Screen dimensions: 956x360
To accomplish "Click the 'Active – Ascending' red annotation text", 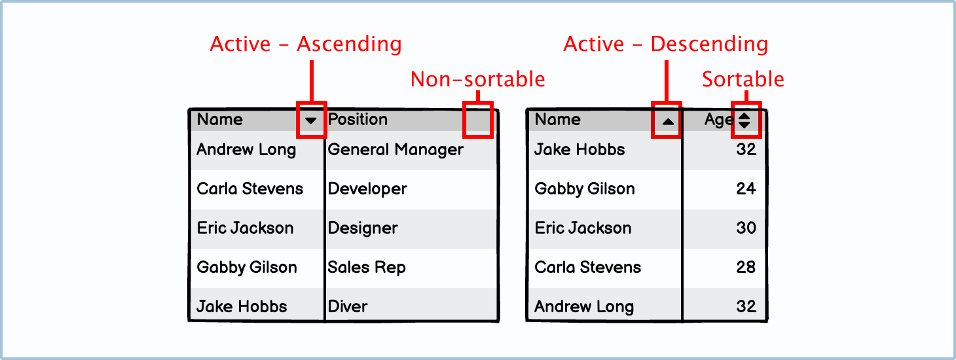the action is coord(306,45).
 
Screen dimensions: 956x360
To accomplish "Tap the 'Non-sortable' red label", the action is coord(477,79).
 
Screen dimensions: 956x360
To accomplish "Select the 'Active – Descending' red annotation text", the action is coord(666,45).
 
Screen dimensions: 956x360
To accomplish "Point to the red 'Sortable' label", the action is coord(743,79).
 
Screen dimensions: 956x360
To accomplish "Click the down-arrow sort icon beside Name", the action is coord(310,120).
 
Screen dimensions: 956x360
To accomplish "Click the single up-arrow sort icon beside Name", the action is coord(668,122).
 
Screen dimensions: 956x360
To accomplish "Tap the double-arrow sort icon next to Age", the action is coord(745,120).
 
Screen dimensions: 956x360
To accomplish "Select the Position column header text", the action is coord(358,119).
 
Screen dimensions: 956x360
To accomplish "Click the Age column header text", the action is coord(720,120).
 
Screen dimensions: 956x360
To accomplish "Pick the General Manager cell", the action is coord(395,150).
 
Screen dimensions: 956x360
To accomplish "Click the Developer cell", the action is coord(367,189).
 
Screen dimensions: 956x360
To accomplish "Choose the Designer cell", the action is coord(363,228).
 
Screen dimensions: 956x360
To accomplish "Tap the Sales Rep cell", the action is coord(367,268).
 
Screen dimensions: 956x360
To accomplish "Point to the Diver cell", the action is coord(348,307).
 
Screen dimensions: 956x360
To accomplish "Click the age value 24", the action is coord(746,189).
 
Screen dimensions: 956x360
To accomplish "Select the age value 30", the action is coord(746,228).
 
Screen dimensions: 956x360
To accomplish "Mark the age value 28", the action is coord(746,267).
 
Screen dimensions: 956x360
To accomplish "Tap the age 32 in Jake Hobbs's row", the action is coord(746,149).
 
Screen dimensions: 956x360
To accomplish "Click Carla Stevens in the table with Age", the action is coord(588,268).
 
